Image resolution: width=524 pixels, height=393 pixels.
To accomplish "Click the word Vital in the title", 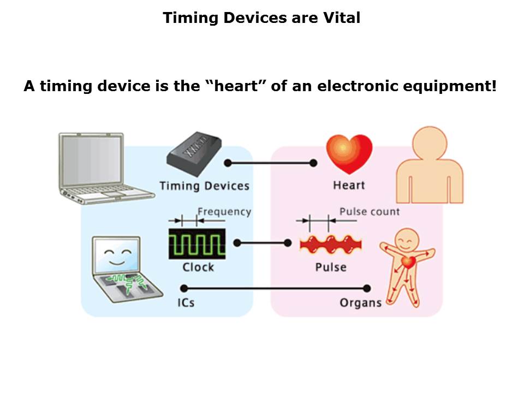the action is (341, 17).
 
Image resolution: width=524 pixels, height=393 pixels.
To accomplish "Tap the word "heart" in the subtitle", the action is (236, 86).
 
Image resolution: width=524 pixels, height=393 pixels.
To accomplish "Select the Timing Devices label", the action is (204, 186).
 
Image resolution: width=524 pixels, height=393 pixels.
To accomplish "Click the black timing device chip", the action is (194, 154).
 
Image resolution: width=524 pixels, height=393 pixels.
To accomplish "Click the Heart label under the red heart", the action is (349, 185).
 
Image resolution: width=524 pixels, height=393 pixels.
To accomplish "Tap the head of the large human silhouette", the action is (430, 143).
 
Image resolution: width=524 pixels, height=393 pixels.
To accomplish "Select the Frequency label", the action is (224, 212).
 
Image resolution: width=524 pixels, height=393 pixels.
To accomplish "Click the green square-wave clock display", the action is (197, 244).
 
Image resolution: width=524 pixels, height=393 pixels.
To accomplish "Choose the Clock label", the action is (198, 267).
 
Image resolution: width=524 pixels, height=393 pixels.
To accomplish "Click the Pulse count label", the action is (370, 212).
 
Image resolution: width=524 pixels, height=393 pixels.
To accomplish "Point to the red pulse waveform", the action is (331, 245).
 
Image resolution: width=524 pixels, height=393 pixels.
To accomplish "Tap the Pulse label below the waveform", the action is (331, 267).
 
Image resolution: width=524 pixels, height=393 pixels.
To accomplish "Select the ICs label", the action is (186, 303).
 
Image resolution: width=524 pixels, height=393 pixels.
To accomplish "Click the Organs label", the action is (361, 303).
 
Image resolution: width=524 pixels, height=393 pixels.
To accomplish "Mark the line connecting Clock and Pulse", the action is (263, 243).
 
